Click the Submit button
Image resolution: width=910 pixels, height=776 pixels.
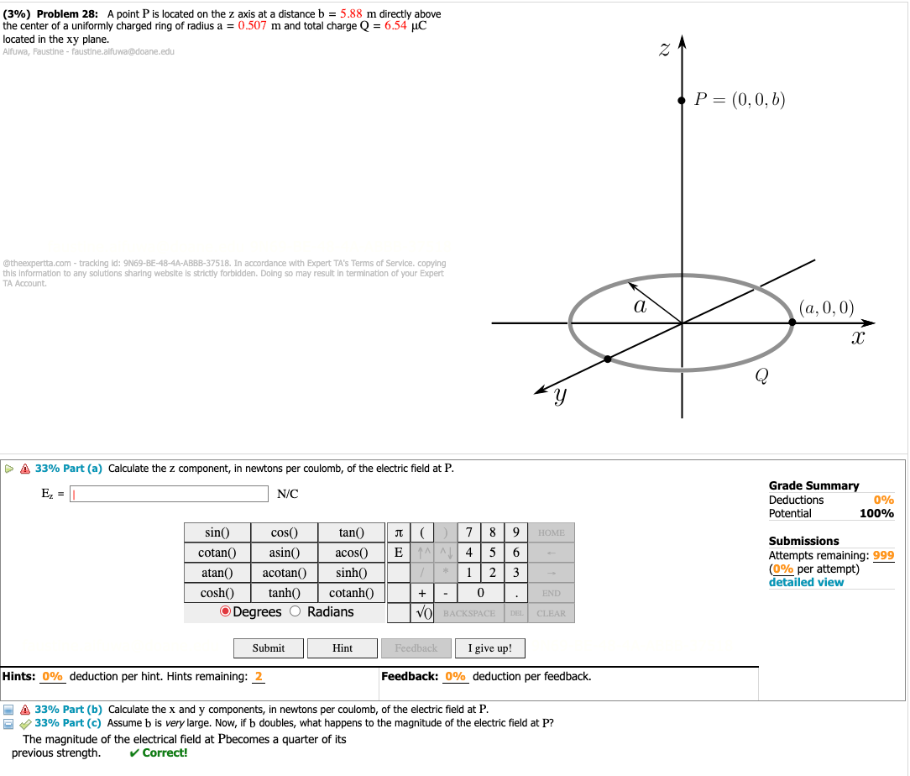(268, 648)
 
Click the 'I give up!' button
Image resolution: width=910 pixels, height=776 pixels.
(489, 648)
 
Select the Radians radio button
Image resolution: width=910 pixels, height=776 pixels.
(295, 612)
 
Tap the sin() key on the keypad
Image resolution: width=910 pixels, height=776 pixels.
(217, 532)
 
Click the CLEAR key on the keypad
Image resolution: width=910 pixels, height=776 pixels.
(551, 613)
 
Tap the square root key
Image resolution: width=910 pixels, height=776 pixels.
(424, 613)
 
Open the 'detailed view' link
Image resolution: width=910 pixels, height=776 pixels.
(806, 582)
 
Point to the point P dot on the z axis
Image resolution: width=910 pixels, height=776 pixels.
(682, 100)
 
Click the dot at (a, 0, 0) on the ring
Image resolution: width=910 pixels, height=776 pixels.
(792, 322)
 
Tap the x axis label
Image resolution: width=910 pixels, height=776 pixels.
(856, 338)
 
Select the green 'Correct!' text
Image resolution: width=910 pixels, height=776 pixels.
(160, 752)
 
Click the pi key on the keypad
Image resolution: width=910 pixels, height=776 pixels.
(398, 532)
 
